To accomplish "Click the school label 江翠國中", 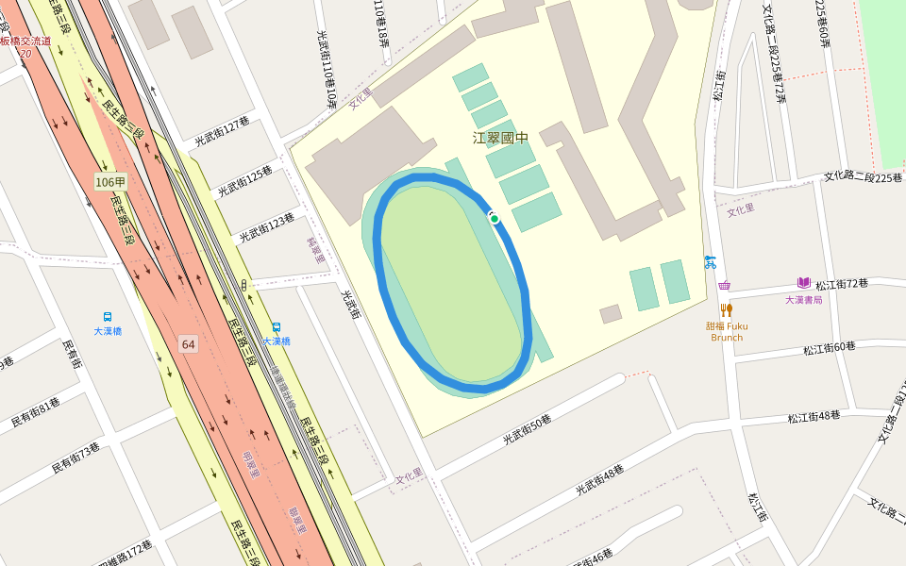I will [500, 138].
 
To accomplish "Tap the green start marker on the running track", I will [495, 219].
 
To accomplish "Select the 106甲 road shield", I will [110, 181].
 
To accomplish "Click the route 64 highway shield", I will [189, 344].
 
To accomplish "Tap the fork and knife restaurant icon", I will [726, 309].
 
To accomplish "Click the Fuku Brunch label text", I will [727, 331].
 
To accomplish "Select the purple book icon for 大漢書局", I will [804, 282].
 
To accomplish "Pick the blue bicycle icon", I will [710, 262].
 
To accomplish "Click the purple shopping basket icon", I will [724, 285].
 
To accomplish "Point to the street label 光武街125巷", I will [244, 182].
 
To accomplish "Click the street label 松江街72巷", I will [842, 284].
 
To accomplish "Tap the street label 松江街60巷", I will [830, 348].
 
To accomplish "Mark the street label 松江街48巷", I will [814, 415].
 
